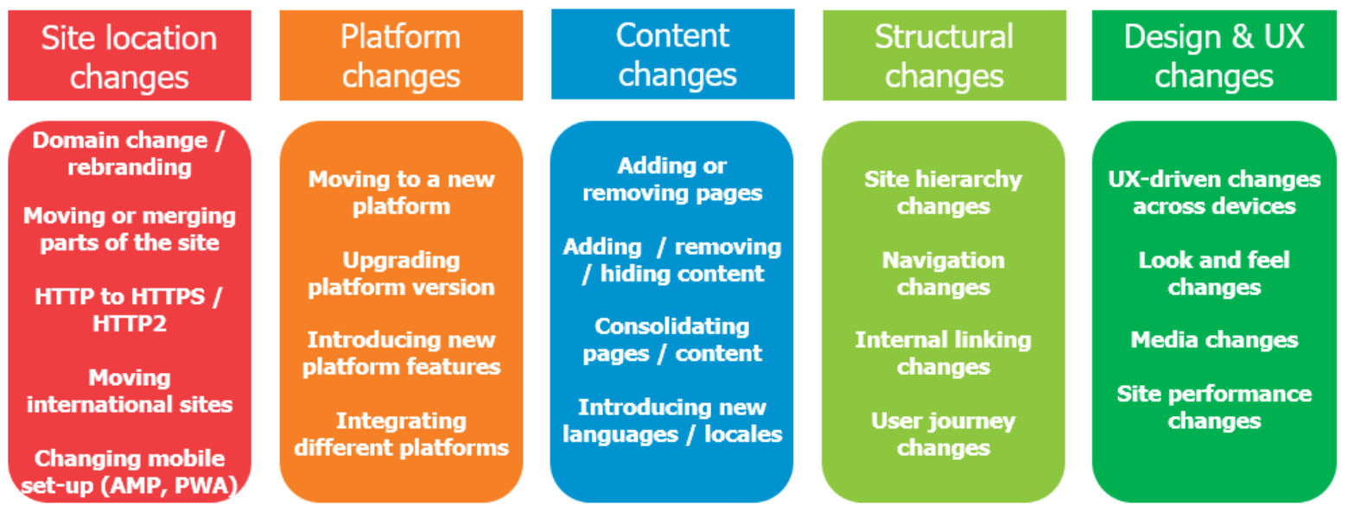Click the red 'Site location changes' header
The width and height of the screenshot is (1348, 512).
tap(130, 55)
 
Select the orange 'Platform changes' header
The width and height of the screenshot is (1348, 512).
tap(401, 55)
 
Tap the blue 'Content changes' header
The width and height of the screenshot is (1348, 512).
tap(673, 54)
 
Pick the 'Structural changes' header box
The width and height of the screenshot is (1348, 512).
tap(944, 55)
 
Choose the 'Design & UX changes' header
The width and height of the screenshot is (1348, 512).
tap(1214, 55)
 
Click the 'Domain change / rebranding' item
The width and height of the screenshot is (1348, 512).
tap(129, 154)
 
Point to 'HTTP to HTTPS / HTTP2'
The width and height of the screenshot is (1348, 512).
tap(129, 310)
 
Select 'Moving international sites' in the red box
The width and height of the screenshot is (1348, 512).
tap(130, 391)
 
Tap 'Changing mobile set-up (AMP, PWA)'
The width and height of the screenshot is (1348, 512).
tap(130, 471)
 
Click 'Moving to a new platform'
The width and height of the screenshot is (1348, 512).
tap(402, 193)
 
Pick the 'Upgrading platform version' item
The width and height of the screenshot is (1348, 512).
tap(402, 274)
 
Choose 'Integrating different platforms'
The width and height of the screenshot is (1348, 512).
tap(402, 433)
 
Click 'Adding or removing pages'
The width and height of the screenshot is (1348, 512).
tap(672, 180)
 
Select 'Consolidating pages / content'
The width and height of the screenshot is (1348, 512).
tap(672, 340)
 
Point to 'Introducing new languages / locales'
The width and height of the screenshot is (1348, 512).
tap(672, 420)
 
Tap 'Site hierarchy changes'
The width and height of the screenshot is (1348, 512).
tap(944, 193)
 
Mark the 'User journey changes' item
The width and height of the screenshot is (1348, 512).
tap(944, 433)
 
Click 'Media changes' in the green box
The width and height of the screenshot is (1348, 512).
tap(1214, 340)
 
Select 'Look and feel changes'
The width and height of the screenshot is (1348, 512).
tap(1214, 274)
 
